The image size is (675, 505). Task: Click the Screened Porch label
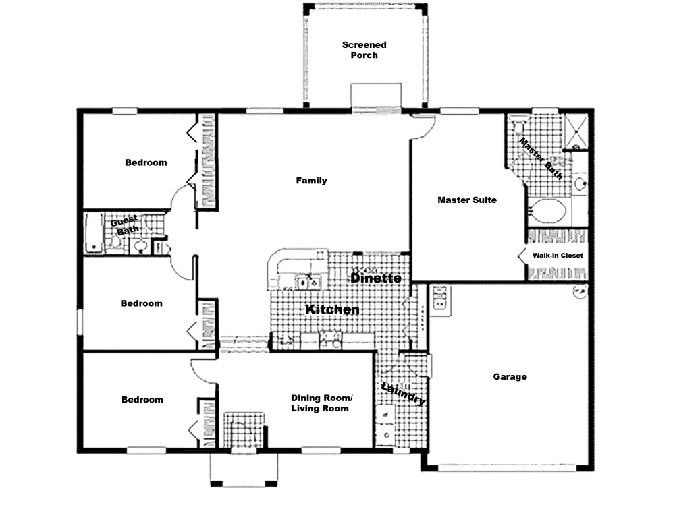(364, 50)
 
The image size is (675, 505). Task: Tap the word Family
(311, 181)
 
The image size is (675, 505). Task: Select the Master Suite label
(467, 200)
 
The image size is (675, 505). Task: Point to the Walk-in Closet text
(558, 255)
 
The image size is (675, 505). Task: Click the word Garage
(510, 377)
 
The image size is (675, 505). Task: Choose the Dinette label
(376, 278)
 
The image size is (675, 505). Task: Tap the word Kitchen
(332, 309)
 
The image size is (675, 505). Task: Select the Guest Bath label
(125, 225)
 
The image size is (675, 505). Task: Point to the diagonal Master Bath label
(541, 158)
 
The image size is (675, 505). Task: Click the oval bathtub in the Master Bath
(547, 211)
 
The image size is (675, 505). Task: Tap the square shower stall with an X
(576, 130)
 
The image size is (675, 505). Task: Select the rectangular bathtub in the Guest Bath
(94, 233)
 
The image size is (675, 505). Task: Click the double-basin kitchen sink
(308, 283)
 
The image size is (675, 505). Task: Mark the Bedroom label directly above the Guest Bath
(146, 162)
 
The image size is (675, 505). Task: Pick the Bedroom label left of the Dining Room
(142, 400)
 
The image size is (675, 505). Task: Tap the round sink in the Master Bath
(580, 183)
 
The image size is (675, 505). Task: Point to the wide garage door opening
(513, 467)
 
